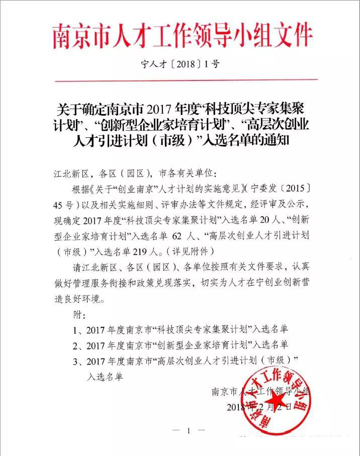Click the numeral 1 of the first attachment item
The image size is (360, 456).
click(x=76, y=330)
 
